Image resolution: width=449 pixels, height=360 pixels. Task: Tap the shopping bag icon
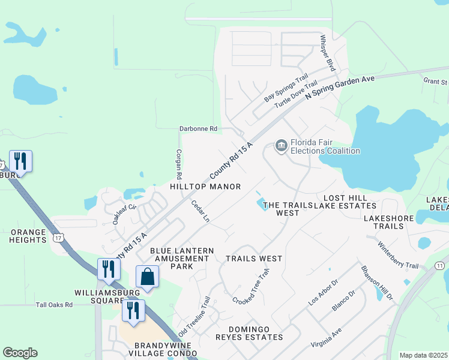147,277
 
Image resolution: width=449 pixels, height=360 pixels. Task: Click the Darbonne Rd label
198,129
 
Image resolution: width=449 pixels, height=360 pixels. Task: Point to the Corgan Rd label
178,164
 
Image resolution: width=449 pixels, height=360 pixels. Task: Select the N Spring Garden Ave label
340,88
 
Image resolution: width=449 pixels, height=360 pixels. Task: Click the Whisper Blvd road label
327,52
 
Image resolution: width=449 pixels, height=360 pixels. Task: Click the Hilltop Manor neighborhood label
205,187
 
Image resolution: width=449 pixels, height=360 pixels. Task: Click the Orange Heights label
28,236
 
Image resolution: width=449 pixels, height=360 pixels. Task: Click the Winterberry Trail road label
398,255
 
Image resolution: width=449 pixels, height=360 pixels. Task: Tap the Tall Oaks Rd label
53,305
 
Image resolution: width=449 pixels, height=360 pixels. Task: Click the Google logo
20,353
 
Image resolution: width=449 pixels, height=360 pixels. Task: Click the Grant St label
435,80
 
